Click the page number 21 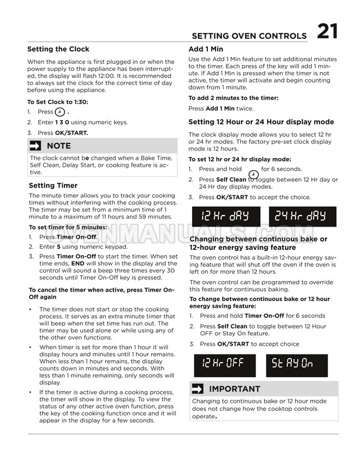pos(327,31)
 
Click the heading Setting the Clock pos(59,49)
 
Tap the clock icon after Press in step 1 pos(60,112)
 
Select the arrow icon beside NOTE pos(37,145)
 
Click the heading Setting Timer pos(53,185)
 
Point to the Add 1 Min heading pos(206,49)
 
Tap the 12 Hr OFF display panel pos(225,364)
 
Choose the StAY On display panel pos(293,364)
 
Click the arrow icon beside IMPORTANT pos(197,389)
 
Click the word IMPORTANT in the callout pos(235,389)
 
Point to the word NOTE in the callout pos(59,145)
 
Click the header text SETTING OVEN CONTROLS pos(249,35)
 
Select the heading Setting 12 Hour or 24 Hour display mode pos(261,122)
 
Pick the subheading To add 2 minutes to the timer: pos(232,98)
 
